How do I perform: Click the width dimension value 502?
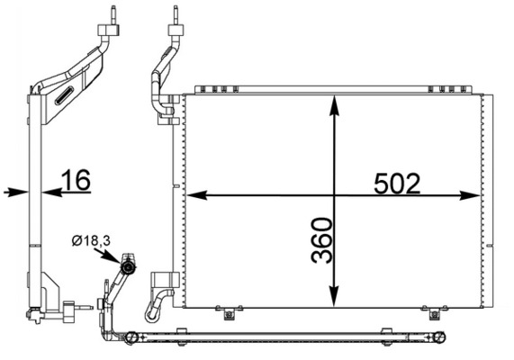click(397, 184)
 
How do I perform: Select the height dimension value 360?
click(321, 240)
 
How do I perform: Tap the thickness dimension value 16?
click(77, 180)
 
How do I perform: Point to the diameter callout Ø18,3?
click(91, 241)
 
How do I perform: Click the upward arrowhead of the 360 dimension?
click(334, 105)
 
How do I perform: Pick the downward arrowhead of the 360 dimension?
click(334, 297)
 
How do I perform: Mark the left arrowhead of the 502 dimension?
click(196, 195)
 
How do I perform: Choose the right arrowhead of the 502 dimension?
click(470, 195)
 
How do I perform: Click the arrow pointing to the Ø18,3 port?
click(107, 256)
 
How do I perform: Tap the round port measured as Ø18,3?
click(128, 268)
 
